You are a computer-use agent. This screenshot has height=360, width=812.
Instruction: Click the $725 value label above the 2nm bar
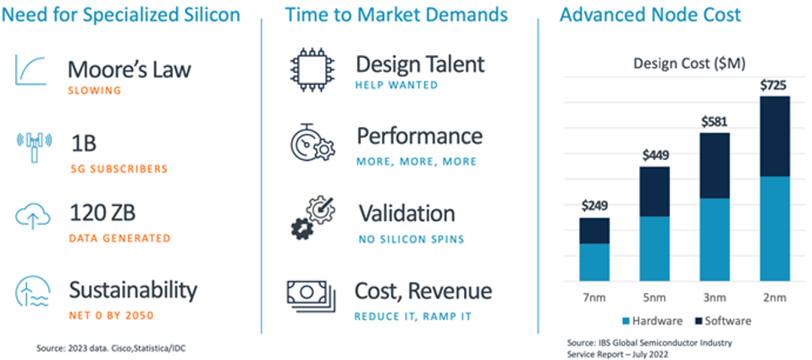point(774,86)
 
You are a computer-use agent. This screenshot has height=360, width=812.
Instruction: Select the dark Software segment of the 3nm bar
point(715,165)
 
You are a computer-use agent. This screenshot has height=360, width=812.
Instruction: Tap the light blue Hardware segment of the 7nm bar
point(594,262)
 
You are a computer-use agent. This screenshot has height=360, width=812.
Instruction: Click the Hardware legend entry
point(655,321)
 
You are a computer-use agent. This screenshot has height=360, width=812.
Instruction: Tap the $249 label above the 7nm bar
point(594,205)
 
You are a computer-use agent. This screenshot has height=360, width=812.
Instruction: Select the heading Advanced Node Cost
point(649,14)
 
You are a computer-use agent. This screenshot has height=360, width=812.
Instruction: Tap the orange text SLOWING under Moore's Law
point(95,90)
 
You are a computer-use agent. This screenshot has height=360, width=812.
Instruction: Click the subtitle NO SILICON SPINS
point(411,239)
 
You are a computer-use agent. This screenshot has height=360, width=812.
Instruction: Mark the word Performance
point(419,136)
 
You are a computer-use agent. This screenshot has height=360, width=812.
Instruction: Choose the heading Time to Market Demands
point(396,14)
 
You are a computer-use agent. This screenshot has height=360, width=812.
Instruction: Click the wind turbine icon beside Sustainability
point(33,291)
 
